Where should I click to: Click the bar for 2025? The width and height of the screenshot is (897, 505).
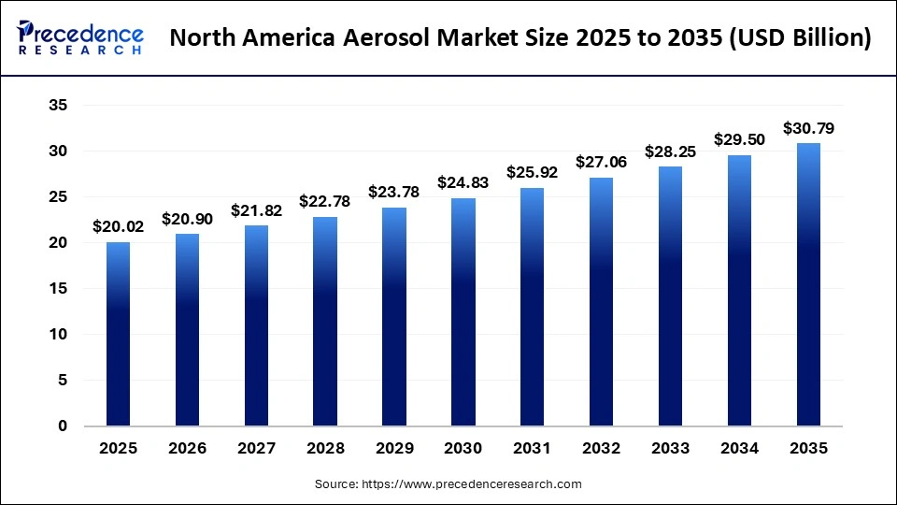point(118,334)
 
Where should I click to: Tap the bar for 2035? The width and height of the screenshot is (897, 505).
point(808,284)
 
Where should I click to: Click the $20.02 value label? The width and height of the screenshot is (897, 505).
point(118,226)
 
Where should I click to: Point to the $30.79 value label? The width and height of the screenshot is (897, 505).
point(808,127)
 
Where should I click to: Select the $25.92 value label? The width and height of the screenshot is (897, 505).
point(533,172)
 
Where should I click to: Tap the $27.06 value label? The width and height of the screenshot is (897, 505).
point(602,162)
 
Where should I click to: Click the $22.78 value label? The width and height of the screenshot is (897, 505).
point(325,201)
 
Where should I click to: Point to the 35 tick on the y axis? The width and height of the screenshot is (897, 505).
point(58,106)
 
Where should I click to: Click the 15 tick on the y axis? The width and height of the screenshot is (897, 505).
point(58,289)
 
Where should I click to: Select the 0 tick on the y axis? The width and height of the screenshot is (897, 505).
point(63,426)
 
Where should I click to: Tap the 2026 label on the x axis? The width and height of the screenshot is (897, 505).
point(187,449)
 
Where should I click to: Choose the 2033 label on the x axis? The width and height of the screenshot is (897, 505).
point(671,449)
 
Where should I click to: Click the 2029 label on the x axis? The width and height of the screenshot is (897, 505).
point(394,449)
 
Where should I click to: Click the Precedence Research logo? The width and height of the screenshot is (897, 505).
point(80,38)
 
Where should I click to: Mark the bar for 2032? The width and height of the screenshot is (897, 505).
point(602,301)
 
